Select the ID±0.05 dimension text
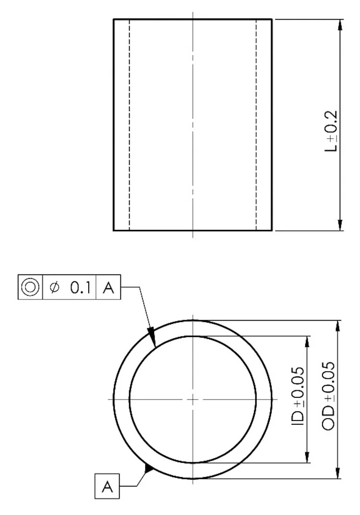coord(298,396)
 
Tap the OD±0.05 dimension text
coord(328,396)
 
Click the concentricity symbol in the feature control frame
coord(30,287)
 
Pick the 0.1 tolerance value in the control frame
coord(80,287)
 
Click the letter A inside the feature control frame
coord(108,287)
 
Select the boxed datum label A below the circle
coord(107,486)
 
